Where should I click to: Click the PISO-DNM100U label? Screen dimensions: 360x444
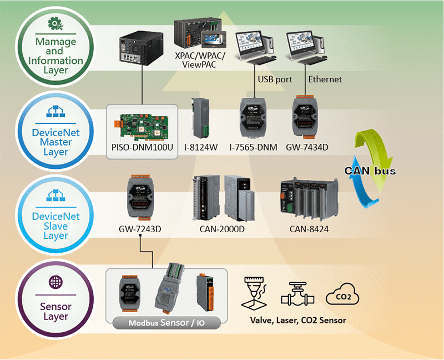tap(142, 148)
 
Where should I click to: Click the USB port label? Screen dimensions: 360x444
tap(275, 79)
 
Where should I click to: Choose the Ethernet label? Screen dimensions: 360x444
tap(325, 79)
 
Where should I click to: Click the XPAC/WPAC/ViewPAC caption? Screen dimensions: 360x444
tap(196, 61)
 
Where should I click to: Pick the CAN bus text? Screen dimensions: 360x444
tap(370, 171)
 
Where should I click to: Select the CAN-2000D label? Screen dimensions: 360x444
tap(221, 228)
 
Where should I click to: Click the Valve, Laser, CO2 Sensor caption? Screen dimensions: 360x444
tap(298, 321)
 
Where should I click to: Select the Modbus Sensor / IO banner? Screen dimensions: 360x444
tap(166, 322)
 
